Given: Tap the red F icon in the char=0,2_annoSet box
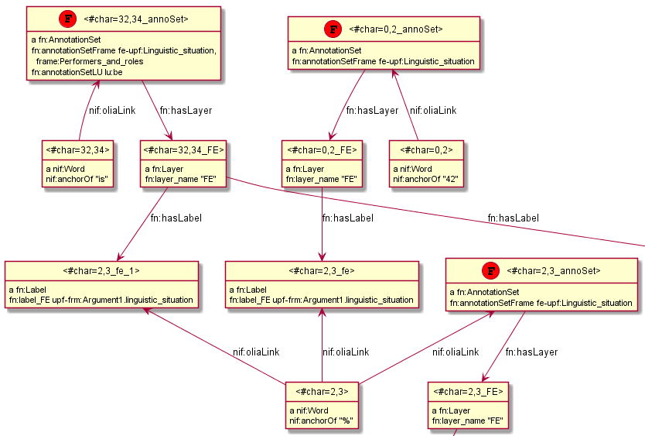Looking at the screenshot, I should click(333, 29).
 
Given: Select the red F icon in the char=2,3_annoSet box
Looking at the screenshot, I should click(490, 270).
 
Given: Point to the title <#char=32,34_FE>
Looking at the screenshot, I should click(185, 149).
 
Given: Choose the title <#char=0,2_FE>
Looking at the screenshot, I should click(322, 149).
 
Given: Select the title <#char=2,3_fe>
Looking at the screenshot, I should click(322, 270).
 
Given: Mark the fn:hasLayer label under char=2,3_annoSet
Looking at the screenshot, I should click(531, 352).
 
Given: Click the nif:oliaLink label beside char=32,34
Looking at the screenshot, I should click(112, 111).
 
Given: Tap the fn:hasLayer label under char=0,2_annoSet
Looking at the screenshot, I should click(373, 111).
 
